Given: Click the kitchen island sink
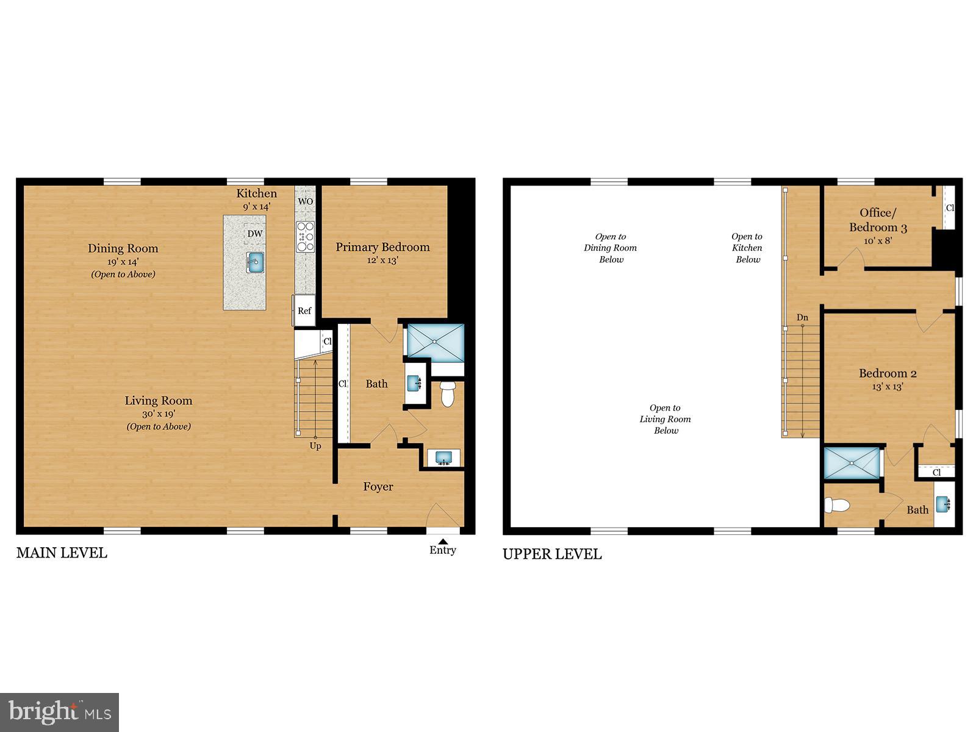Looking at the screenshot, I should point(256,263).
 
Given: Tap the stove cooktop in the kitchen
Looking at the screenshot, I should point(305,237).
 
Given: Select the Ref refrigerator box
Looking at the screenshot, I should point(304,311).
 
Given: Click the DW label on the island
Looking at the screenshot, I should point(255,234).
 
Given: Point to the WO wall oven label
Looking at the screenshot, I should point(305,201).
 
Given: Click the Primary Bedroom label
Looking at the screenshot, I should point(382,247).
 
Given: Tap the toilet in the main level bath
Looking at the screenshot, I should point(448,394).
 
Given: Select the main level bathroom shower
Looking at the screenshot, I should point(435,342).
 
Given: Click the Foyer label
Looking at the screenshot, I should point(378,487).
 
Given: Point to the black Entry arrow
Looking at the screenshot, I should point(443,541).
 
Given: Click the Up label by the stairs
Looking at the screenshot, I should point(315,446).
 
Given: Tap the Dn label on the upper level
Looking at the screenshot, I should point(802,318).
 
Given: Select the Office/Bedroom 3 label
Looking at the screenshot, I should point(878,220).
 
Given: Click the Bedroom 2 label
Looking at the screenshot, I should point(888,373).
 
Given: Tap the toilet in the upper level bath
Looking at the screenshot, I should point(837,505).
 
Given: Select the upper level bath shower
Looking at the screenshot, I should point(852,464).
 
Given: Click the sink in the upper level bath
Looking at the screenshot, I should point(943,504).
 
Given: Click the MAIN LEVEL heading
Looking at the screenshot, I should point(62,553).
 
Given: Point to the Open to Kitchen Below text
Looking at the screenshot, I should point(747,248).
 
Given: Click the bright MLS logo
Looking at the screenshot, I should point(59,712).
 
